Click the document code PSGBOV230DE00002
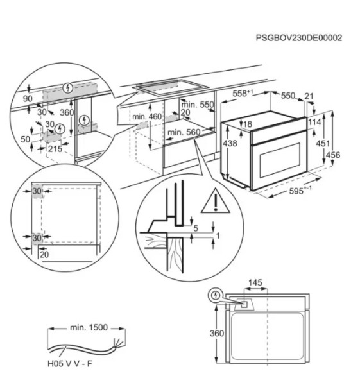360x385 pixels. click(298, 38)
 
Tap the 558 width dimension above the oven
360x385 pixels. click(241, 94)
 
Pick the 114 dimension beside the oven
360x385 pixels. click(314, 122)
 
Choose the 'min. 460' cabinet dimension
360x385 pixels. click(147, 117)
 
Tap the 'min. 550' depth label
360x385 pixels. click(196, 105)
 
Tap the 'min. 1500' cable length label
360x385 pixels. click(89, 327)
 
